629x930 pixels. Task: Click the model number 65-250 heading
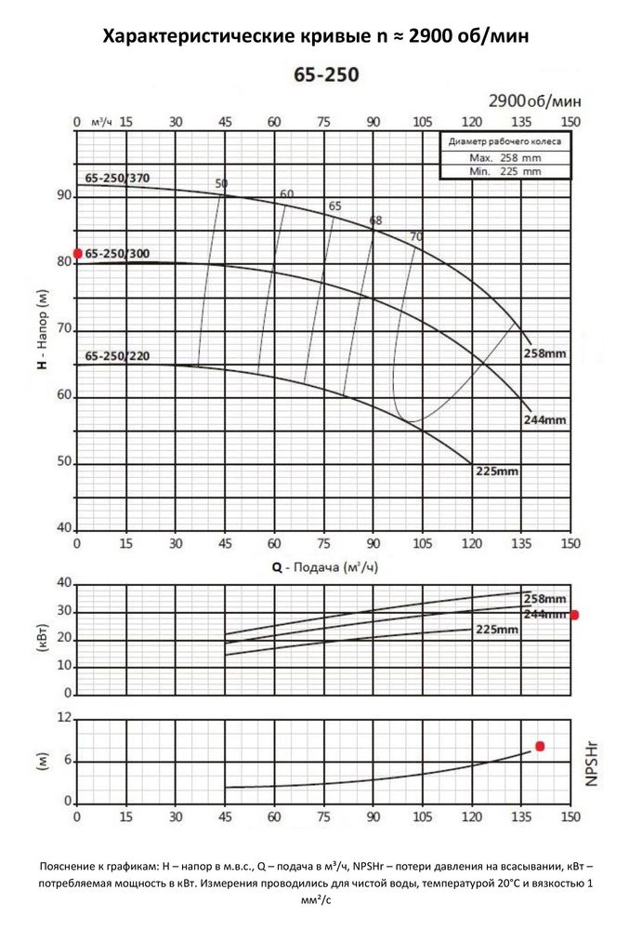313,75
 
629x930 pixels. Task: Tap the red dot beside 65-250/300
78,253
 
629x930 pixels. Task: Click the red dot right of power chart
574,615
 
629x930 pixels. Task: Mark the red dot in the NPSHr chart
540,747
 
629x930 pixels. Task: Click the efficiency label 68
375,220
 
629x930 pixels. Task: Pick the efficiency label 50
221,183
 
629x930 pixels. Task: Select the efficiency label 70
416,236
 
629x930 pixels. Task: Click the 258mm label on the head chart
544,354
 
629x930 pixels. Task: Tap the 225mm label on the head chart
496,472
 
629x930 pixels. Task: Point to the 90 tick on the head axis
64,196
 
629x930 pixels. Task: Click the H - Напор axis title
41,330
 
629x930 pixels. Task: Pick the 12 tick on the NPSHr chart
64,718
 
